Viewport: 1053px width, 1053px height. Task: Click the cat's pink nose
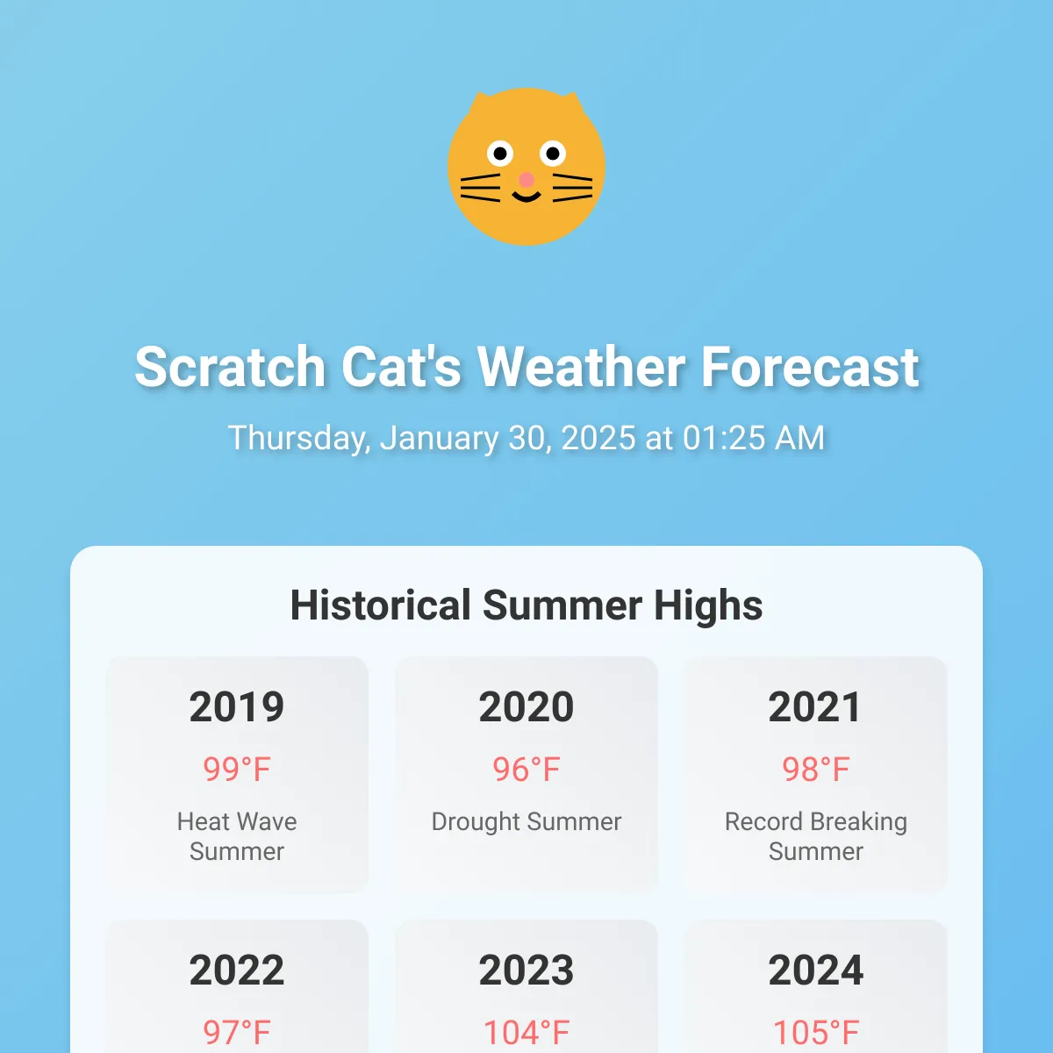tap(526, 179)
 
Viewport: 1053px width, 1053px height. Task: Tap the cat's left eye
tap(500, 154)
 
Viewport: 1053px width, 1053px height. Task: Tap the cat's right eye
tap(553, 154)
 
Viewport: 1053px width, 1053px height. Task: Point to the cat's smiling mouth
tap(526, 197)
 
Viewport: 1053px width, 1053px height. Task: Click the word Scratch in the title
tap(230, 367)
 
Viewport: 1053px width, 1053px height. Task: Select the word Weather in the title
tap(581, 367)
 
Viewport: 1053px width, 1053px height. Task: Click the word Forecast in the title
tap(810, 367)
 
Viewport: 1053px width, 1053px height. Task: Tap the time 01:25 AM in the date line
tap(754, 438)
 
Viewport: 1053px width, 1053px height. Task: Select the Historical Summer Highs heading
tap(526, 605)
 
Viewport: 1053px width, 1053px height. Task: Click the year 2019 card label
tap(237, 706)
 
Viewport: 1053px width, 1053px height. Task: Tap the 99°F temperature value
tap(237, 770)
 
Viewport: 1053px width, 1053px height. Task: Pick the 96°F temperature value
tap(526, 770)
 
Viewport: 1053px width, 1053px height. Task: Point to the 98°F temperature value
tap(816, 770)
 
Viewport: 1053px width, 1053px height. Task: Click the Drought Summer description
tap(526, 822)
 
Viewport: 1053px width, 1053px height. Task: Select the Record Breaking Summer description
tap(816, 836)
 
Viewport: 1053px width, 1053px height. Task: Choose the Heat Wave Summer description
tap(237, 836)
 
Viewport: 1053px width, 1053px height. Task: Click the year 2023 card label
tap(526, 970)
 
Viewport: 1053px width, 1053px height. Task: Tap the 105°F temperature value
tap(816, 1032)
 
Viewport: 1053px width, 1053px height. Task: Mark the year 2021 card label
tap(815, 706)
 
